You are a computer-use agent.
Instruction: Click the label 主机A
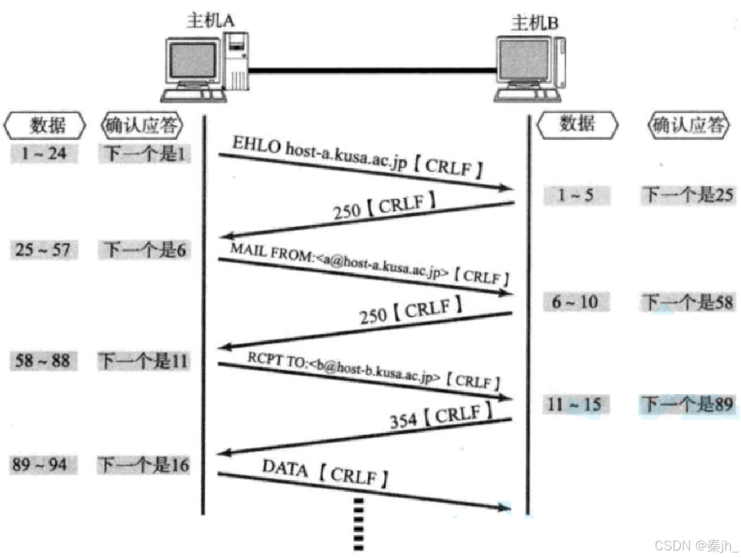point(210,20)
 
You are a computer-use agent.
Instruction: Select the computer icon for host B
point(528,68)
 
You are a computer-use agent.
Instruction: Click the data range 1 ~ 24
point(43,153)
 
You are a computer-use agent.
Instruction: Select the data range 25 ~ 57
point(43,250)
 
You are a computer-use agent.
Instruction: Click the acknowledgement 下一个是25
point(687,195)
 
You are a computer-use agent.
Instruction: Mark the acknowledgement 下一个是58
point(687,302)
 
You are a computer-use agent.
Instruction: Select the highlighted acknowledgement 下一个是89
point(687,404)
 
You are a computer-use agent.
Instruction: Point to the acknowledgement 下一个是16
point(144,466)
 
